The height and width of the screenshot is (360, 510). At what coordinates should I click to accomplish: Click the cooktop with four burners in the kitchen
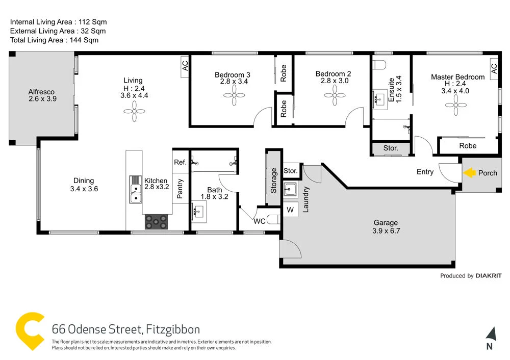(x=156, y=221)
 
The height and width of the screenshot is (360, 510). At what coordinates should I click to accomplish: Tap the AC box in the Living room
(x=185, y=66)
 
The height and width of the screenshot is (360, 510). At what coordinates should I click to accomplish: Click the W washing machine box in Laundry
(x=290, y=210)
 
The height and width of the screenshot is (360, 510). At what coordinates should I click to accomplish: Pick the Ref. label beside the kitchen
(x=180, y=162)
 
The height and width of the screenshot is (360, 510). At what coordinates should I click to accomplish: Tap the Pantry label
(x=180, y=188)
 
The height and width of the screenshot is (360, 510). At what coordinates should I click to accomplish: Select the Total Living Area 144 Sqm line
(x=55, y=40)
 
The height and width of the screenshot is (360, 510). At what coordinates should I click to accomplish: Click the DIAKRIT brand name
(x=488, y=276)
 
